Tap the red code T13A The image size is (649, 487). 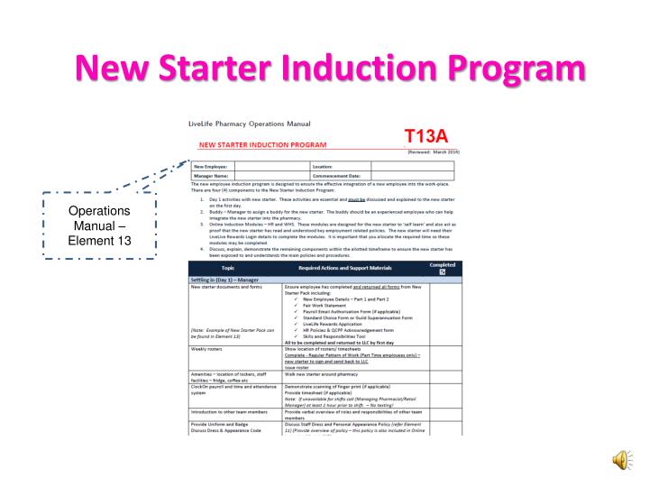[x=427, y=135]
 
